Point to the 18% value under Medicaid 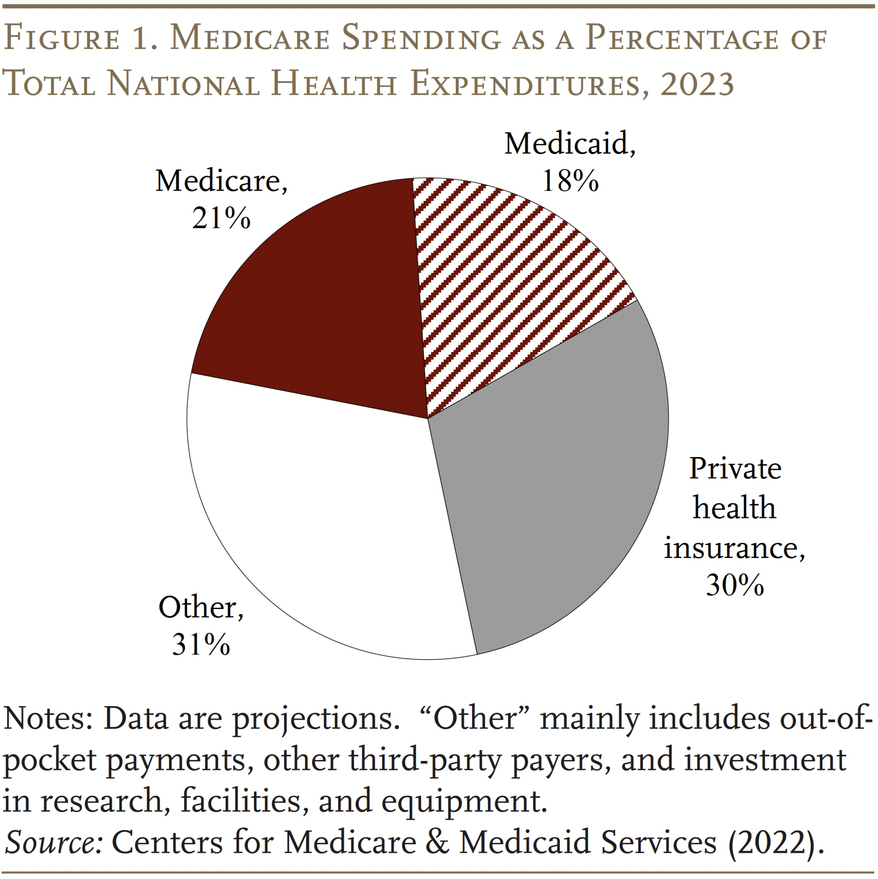[x=570, y=181]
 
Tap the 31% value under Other [x=201, y=644]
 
